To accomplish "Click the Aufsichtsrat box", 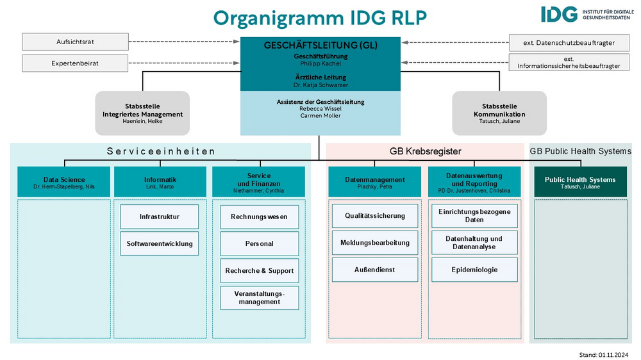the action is tap(75, 42).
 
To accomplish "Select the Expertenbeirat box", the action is tap(75, 63).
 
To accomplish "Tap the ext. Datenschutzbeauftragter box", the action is tap(569, 42).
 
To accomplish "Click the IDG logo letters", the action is tap(559, 14).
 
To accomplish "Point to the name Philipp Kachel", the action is tap(320, 63).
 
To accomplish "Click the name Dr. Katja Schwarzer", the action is tap(320, 85).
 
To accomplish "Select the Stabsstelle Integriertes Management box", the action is tap(143, 113).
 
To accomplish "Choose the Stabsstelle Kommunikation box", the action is tap(499, 113).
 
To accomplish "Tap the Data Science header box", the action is tap(63, 182).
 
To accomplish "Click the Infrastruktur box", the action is tap(160, 217).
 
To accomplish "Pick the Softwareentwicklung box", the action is tap(160, 243).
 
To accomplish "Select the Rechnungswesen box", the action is tap(260, 217).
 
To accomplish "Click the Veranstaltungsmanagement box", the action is tap(260, 298).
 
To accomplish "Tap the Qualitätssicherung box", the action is tap(375, 216).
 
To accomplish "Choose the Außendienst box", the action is tap(375, 270).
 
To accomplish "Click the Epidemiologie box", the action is tap(474, 270).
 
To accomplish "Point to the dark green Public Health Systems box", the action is tap(581, 182).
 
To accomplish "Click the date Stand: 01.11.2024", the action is tap(603, 355).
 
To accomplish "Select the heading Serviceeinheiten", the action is tap(161, 151).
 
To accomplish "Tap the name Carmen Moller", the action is tap(320, 116).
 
